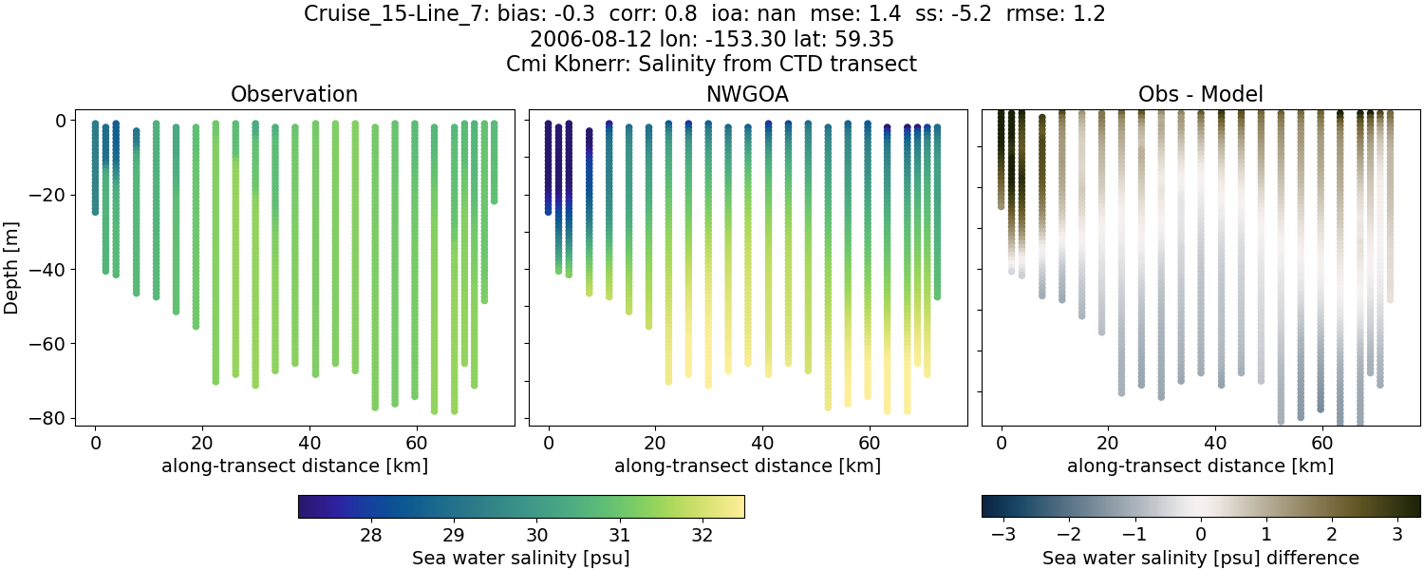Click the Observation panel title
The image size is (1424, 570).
click(294, 94)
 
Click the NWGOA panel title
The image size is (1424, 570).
click(747, 94)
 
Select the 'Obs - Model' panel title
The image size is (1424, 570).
click(1200, 94)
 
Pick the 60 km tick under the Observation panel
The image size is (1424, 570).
click(415, 442)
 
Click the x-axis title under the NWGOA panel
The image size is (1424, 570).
click(747, 465)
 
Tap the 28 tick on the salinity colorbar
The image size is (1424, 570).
click(371, 535)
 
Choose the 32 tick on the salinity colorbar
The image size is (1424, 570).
click(703, 535)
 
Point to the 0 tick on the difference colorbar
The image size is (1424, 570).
click(1201, 535)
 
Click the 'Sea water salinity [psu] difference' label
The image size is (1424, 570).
click(1201, 558)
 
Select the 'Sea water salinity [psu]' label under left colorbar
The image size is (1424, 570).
click(520, 558)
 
